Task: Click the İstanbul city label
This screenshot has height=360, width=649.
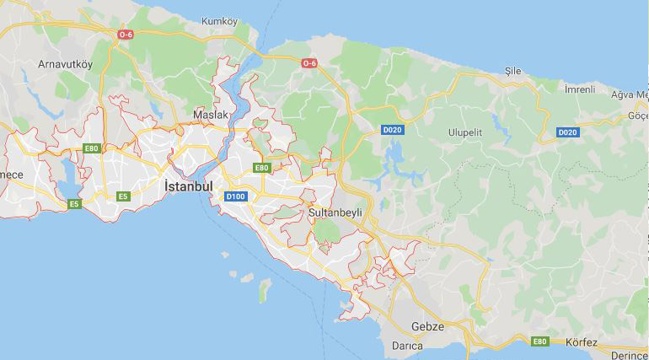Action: (188, 185)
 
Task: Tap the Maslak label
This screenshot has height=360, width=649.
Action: (211, 114)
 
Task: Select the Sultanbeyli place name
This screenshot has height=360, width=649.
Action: (335, 212)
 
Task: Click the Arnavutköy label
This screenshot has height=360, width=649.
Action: (65, 64)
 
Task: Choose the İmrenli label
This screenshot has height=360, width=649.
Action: (580, 89)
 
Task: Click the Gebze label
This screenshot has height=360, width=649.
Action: (427, 326)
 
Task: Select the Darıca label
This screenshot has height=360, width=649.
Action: (407, 346)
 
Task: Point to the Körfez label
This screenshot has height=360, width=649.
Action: (581, 342)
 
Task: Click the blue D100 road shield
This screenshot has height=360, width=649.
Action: (235, 196)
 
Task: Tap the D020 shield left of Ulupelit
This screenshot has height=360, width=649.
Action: (392, 131)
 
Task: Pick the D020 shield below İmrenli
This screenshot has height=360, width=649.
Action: (567, 132)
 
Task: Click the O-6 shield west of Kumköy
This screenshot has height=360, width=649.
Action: (126, 35)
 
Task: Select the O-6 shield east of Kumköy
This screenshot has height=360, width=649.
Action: (309, 63)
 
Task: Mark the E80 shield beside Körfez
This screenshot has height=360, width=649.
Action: (539, 341)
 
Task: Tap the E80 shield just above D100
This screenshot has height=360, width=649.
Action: (261, 168)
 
